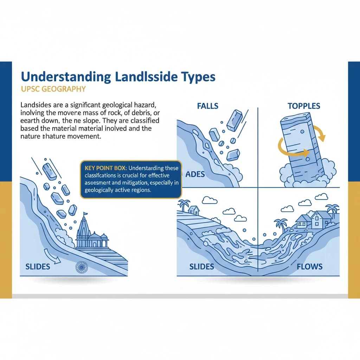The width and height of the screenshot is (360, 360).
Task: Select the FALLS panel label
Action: click(207, 106)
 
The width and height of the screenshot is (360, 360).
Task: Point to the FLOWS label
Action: click(309, 266)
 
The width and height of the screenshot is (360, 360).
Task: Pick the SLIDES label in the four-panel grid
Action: click(202, 266)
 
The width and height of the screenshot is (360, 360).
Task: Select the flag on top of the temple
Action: click(85, 214)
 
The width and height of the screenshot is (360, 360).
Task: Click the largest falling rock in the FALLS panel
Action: click(234, 121)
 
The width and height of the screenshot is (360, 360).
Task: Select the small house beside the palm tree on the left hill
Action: click(194, 210)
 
